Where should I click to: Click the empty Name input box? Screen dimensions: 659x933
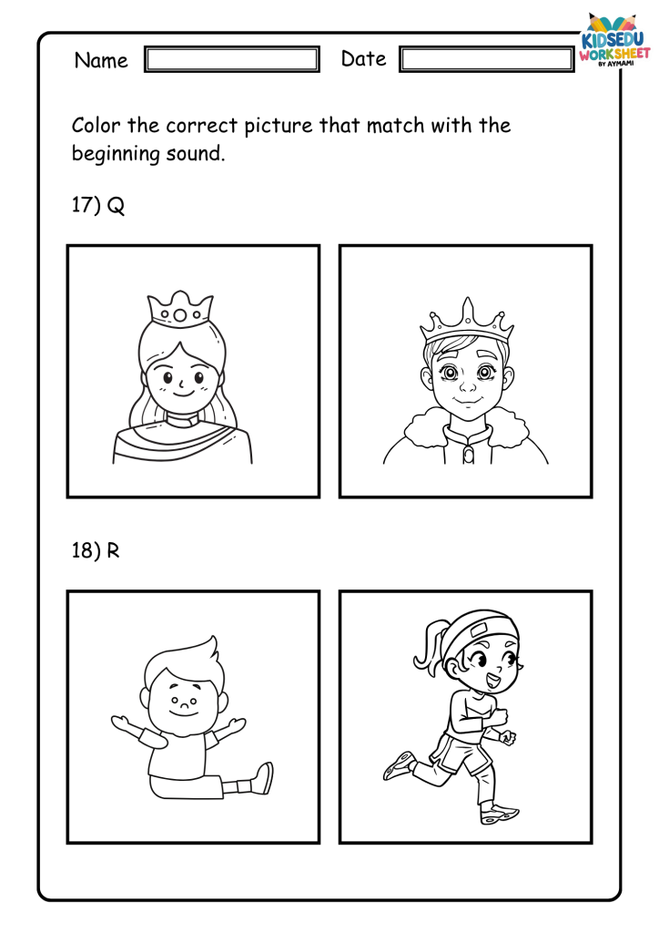click(x=232, y=59)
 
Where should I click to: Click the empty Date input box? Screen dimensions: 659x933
click(x=487, y=59)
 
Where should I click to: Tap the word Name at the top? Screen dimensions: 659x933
click(x=101, y=60)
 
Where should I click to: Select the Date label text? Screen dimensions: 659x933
click(x=364, y=58)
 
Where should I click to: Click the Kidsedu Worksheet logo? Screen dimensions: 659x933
click(x=613, y=40)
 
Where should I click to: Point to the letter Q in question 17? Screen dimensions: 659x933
click(x=116, y=206)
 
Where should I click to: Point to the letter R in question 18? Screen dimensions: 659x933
click(x=113, y=550)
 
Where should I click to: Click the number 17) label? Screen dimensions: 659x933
click(x=86, y=205)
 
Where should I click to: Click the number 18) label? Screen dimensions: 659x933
click(x=86, y=550)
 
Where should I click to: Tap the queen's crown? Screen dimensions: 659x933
click(x=180, y=308)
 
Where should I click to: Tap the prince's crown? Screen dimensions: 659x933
click(x=467, y=323)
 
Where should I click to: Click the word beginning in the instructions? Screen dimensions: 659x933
click(x=116, y=154)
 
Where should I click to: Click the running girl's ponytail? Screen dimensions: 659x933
click(x=429, y=644)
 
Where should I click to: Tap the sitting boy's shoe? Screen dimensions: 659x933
click(x=263, y=778)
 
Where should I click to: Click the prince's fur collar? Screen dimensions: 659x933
click(x=466, y=431)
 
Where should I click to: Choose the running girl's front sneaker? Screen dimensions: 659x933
click(x=500, y=814)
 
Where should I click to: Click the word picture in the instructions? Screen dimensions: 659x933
click(x=279, y=126)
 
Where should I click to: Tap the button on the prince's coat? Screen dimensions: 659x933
click(x=468, y=456)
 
